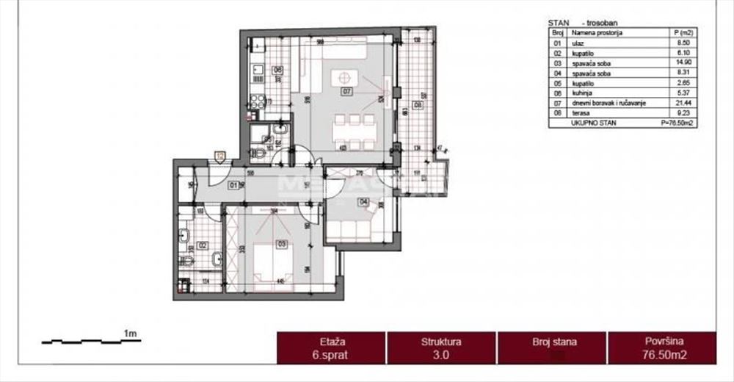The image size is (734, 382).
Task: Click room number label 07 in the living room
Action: coord(346,92)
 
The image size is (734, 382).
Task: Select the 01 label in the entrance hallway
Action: coord(233,184)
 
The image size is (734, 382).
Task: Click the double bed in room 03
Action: coord(273,264)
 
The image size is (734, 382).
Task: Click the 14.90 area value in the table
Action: coord(682,64)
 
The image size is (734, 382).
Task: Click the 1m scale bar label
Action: coord(131,335)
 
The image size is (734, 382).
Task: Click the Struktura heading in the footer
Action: coord(441,342)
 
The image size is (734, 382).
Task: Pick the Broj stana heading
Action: coord(554,342)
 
